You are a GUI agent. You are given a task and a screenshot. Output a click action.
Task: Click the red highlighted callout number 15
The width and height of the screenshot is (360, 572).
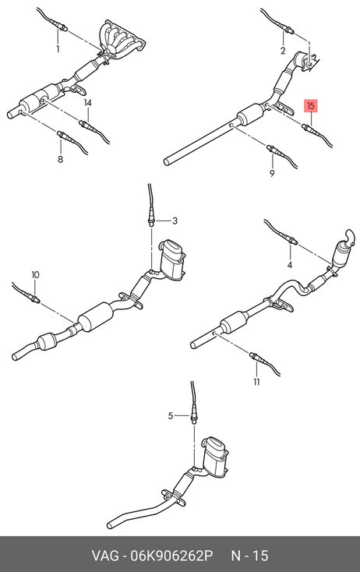pyautogui.click(x=311, y=106)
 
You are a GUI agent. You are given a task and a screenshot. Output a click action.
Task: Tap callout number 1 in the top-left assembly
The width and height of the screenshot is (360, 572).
pyautogui.click(x=58, y=48)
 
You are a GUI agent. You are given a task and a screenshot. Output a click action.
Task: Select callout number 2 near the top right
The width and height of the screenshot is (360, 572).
pyautogui.click(x=283, y=51)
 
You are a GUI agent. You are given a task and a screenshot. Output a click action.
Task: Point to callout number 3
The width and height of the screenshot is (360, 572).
pyautogui.click(x=175, y=221)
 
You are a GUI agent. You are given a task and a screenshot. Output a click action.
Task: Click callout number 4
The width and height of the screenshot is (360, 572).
pyautogui.click(x=290, y=265)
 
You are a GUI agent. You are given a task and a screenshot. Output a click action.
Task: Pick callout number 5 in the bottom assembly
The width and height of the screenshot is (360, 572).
pyautogui.click(x=171, y=415)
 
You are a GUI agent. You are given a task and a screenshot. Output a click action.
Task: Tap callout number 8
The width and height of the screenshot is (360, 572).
pyautogui.click(x=60, y=159)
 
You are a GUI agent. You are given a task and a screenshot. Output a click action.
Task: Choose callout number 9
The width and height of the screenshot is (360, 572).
pyautogui.click(x=272, y=173)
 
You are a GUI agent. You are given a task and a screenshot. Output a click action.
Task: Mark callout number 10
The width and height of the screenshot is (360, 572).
pyautogui.click(x=35, y=274)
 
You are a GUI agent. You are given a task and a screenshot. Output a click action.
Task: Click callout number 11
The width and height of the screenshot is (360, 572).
pyautogui.click(x=256, y=382)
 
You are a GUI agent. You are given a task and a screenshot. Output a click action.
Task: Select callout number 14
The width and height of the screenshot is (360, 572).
pyautogui.click(x=87, y=103)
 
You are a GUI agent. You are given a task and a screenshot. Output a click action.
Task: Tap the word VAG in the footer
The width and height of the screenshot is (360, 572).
pyautogui.click(x=105, y=556)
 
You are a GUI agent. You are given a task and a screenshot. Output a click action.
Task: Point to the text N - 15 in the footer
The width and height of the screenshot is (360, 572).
pyautogui.click(x=250, y=556)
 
